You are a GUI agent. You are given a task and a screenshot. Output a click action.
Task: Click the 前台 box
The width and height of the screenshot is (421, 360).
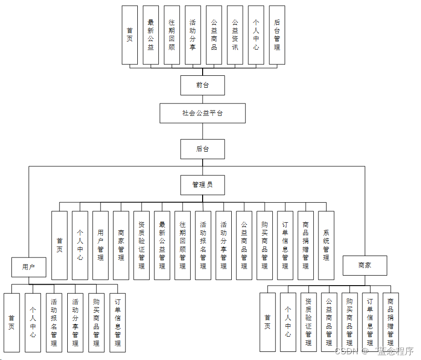[202, 85]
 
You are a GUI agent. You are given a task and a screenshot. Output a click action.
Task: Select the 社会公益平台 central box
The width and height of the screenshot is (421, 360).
[202, 113]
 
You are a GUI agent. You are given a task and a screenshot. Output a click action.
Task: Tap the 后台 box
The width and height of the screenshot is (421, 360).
[202, 149]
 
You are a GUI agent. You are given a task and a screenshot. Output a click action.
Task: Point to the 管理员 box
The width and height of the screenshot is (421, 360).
[202, 185]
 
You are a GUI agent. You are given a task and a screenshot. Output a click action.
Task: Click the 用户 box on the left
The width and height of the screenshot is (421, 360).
[29, 267]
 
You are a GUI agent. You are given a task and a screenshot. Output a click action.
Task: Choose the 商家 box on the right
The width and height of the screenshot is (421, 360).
[365, 266]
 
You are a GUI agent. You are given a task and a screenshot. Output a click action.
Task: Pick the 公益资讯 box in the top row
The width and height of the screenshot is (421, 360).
[235, 35]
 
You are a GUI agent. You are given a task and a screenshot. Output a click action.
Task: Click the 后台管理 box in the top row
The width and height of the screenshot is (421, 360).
[277, 35]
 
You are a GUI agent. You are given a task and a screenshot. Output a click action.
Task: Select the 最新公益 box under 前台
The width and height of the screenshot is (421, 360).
[151, 35]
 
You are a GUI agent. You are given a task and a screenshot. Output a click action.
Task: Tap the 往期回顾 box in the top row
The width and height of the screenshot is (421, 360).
[172, 35]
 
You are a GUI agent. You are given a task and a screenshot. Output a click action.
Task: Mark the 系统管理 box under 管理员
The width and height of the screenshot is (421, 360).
[326, 245]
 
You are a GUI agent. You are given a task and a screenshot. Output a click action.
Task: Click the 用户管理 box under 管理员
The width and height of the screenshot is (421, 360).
[101, 245]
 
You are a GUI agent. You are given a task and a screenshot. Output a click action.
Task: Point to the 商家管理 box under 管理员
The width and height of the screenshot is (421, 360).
[121, 245]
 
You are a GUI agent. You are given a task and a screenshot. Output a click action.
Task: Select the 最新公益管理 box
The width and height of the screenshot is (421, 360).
[162, 245]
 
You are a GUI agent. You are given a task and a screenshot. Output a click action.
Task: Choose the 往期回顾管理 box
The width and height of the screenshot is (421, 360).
[183, 245]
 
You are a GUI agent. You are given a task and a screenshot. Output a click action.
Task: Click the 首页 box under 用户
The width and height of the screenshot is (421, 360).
[11, 322]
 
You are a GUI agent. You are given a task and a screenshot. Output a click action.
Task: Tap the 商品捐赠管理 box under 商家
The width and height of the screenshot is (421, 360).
[390, 322]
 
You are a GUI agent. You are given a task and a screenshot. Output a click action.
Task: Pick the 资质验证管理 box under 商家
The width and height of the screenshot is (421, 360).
[308, 322]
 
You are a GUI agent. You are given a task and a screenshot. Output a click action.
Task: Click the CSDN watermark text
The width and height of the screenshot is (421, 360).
[346, 351]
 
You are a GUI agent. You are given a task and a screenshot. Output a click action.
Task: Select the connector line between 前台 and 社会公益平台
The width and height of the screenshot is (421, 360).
[203, 99]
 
